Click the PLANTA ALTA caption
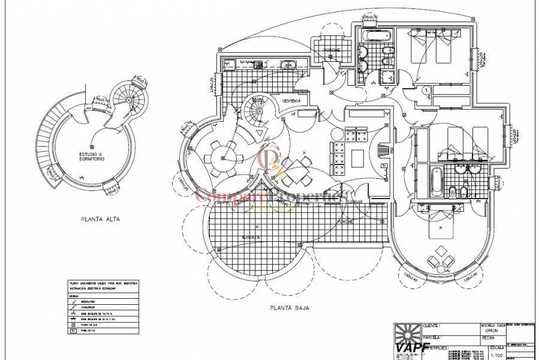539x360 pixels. (101, 220)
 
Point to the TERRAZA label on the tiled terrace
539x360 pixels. (252, 238)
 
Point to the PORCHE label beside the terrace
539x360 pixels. (362, 222)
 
